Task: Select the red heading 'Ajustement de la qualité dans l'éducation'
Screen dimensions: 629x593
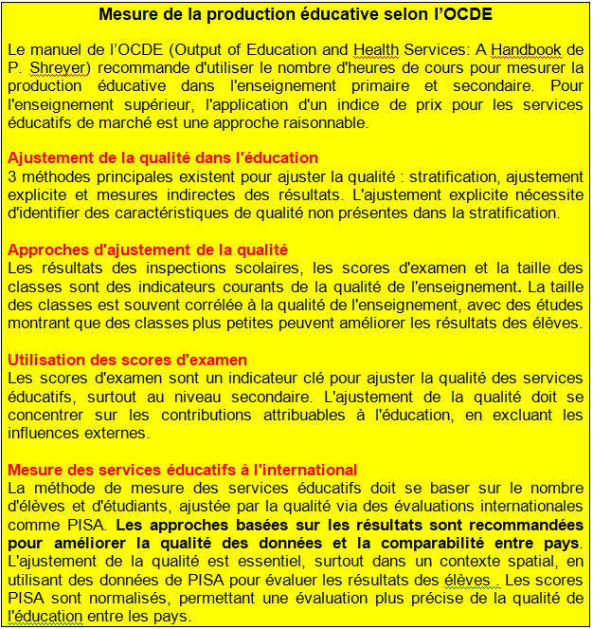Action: [163, 157]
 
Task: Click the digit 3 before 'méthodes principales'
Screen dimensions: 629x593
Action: [11, 176]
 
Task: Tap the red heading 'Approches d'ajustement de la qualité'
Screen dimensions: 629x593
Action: [147, 250]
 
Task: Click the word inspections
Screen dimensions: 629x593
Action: [163, 268]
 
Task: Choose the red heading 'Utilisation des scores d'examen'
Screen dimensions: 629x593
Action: [127, 360]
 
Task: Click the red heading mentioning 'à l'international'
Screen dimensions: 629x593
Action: [182, 469]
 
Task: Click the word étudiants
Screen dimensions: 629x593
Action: [133, 507]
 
